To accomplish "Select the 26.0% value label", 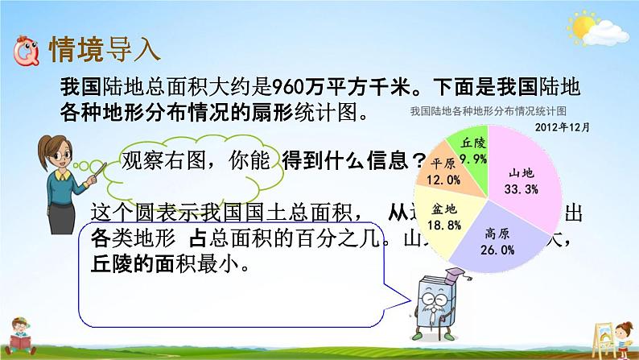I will [x=500, y=250].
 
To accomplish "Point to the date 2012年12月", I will [x=561, y=126].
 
